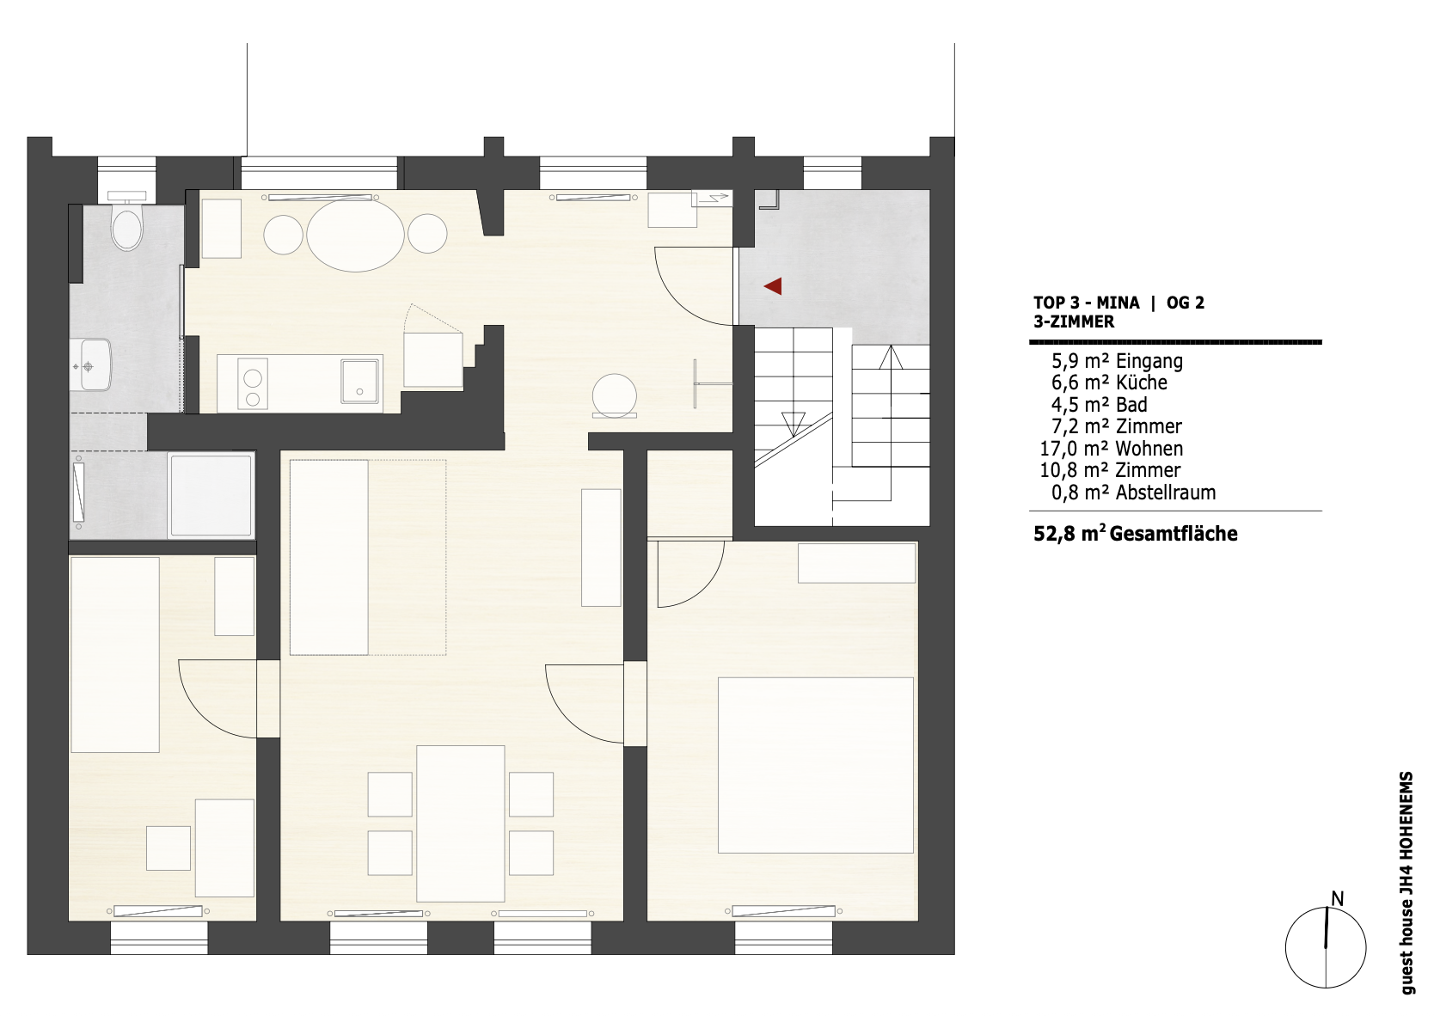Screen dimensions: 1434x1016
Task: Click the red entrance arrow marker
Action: point(774,286)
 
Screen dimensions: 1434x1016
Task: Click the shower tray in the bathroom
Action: point(211,495)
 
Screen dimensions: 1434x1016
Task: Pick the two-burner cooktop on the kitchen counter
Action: point(252,383)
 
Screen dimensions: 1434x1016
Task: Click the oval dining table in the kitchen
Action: point(355,235)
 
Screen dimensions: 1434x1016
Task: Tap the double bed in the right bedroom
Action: point(816,765)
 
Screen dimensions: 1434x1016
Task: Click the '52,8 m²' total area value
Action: point(1069,533)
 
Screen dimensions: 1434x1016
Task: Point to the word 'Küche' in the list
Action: point(1142,383)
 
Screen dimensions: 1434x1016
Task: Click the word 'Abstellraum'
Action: point(1166,493)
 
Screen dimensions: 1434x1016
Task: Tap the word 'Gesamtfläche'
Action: point(1174,534)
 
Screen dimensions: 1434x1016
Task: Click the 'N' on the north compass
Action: point(1338,899)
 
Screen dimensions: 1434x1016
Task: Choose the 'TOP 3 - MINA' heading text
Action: point(1087,303)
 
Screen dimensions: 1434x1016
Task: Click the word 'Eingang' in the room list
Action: point(1149,362)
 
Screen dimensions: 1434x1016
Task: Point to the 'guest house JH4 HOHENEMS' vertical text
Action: point(1406,884)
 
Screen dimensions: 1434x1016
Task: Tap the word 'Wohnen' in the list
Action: point(1149,448)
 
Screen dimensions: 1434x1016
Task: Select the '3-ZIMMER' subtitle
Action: point(1074,322)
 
